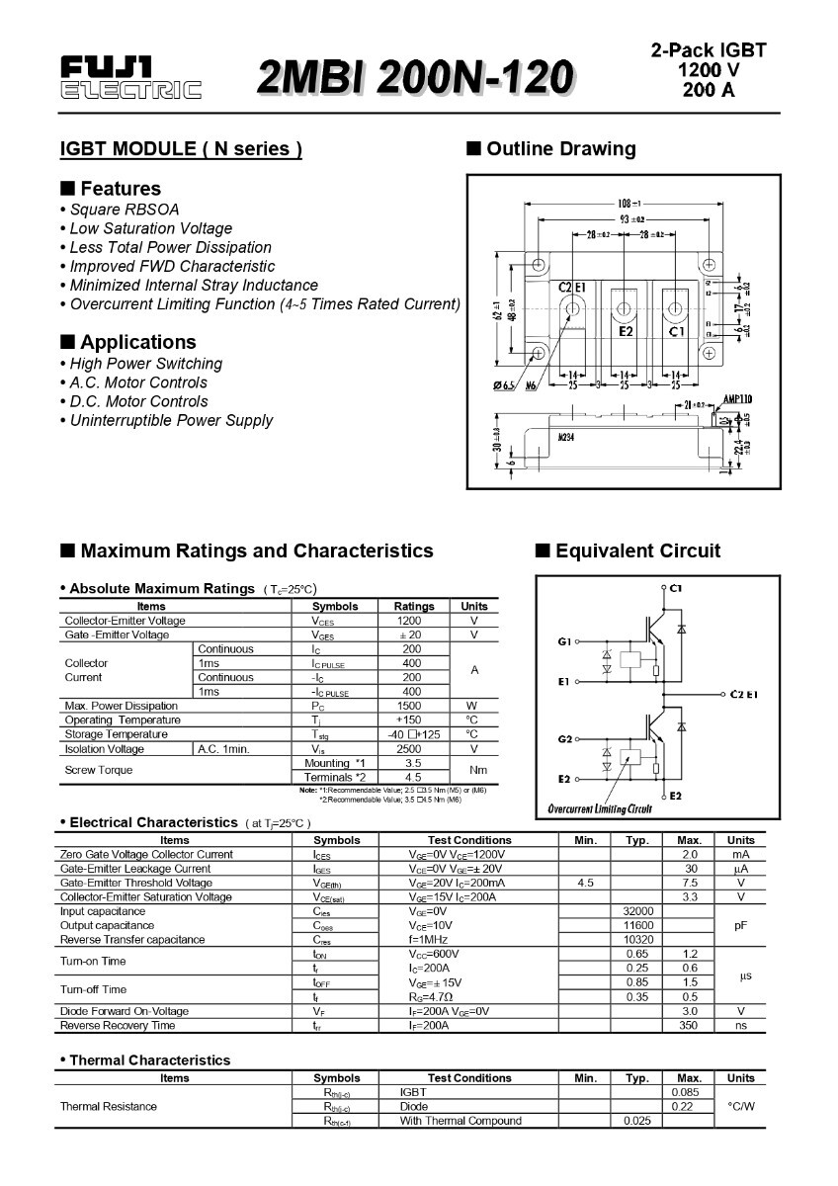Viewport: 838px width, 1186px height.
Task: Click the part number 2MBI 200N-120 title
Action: [415, 78]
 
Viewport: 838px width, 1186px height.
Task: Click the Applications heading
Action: [137, 342]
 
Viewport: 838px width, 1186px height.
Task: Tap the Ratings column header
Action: [413, 606]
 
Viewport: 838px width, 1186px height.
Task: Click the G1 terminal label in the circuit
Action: [565, 641]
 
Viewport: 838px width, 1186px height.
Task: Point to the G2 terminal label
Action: [565, 738]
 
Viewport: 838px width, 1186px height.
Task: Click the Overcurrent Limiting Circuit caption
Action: [600, 809]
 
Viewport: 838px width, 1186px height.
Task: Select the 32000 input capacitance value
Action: [638, 911]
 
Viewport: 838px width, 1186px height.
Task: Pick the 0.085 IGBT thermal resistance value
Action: [685, 1092]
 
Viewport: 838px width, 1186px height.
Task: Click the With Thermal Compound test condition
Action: [461, 1121]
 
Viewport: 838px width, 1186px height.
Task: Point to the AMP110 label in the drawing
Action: [737, 399]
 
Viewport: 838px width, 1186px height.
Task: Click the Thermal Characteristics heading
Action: [149, 1060]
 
